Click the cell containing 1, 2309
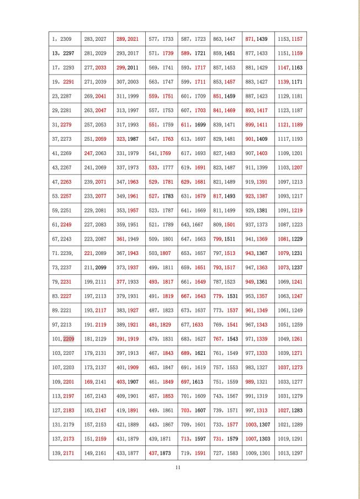point(65,40)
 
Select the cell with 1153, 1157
point(291,40)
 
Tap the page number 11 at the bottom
point(178,468)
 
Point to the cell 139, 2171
point(65,453)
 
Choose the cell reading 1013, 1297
point(291,453)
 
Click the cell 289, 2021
point(129,40)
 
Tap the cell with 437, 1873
point(161,453)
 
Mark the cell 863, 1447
point(225,40)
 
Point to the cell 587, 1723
point(193,40)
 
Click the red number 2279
point(66,125)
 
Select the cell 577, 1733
point(161,40)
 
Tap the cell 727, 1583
point(225,453)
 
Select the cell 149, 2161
point(97,453)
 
